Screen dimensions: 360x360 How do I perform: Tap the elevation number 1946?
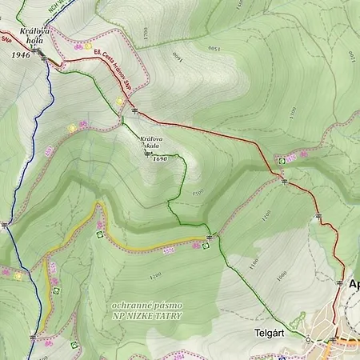[22, 55]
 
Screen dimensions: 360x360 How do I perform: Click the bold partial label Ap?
[354, 284]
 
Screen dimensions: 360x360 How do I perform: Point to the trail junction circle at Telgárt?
[307, 338]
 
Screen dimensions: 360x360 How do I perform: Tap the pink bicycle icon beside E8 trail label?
[78, 46]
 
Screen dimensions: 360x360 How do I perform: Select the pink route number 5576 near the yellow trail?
[169, 250]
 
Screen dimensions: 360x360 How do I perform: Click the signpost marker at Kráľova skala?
[146, 154]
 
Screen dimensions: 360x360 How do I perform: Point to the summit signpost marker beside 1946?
[37, 51]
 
